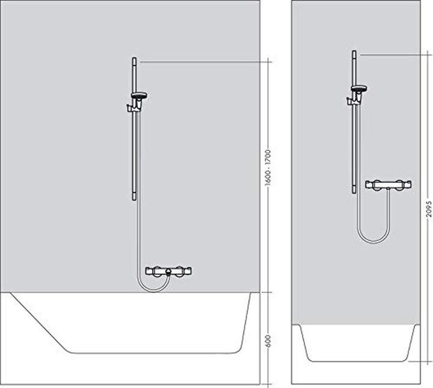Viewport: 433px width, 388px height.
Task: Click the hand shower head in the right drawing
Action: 359,90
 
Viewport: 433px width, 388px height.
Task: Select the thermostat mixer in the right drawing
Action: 389,185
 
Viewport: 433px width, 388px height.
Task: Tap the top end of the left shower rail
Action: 134,60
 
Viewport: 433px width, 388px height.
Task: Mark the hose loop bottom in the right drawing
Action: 373,242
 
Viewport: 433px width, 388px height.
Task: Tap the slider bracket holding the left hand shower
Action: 132,108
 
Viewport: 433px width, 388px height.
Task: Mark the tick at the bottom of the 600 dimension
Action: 269,383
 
